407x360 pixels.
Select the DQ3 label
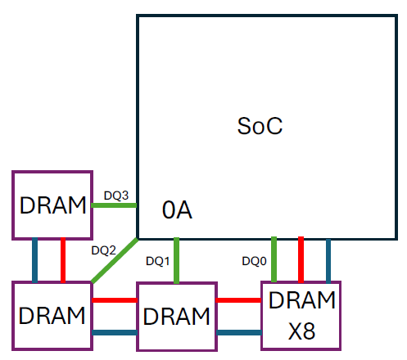point(115,196)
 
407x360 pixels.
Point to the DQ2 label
point(104,250)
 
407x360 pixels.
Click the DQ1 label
point(157,261)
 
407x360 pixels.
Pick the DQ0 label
point(254,261)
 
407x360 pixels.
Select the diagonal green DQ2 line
point(115,261)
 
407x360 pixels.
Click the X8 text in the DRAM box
point(302,331)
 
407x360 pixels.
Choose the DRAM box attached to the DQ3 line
point(52,205)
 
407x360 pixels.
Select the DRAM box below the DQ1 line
point(176,316)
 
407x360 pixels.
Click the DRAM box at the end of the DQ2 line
point(52,316)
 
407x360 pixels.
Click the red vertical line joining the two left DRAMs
point(63,260)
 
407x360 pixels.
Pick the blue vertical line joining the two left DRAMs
point(34,260)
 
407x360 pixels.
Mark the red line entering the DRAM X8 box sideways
point(238,300)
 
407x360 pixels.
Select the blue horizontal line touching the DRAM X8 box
point(238,332)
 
